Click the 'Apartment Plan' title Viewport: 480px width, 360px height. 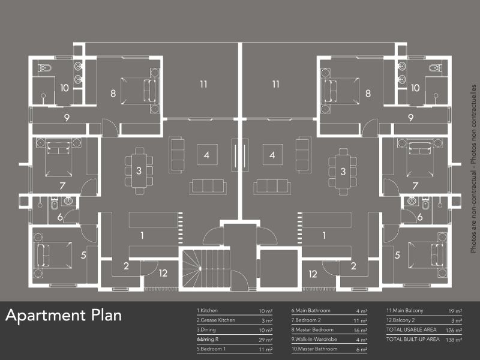point(64,316)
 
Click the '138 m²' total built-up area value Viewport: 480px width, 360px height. point(454,339)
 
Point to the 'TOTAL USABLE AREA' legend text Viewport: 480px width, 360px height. point(412,329)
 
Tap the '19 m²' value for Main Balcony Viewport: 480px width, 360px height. point(455,311)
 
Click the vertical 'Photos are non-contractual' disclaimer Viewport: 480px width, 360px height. point(473,168)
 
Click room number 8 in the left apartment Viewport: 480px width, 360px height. point(113,93)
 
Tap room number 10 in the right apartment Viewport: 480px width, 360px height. point(415,88)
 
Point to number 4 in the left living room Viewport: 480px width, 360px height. point(206,155)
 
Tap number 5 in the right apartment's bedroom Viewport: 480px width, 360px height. point(397,255)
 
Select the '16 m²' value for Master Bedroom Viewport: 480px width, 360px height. point(359,329)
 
